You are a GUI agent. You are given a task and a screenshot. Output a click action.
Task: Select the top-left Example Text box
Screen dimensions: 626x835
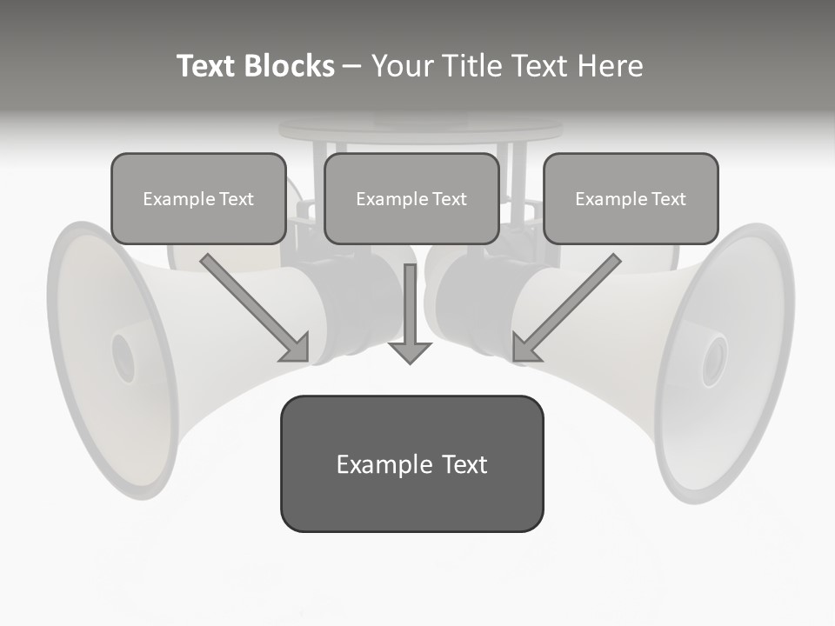pyautogui.click(x=198, y=198)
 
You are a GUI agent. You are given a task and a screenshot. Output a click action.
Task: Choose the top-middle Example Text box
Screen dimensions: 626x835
pyautogui.click(x=411, y=198)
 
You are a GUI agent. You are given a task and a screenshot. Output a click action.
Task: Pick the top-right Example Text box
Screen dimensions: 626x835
pyautogui.click(x=631, y=198)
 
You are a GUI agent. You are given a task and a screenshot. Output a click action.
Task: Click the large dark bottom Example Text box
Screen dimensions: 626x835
pyautogui.click(x=411, y=463)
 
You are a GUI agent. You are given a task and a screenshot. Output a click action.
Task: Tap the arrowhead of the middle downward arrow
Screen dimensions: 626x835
pyautogui.click(x=410, y=351)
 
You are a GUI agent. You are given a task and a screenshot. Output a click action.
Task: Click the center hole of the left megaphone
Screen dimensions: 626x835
pyautogui.click(x=123, y=356)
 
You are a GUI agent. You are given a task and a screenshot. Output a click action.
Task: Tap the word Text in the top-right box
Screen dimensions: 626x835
pyautogui.click(x=668, y=199)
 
